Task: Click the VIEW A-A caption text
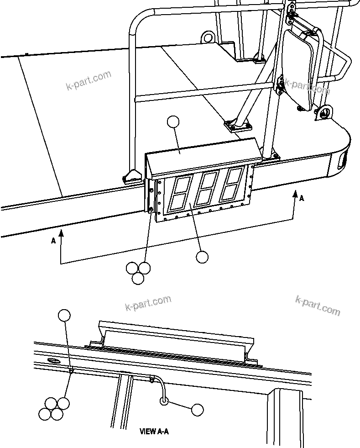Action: coord(154,431)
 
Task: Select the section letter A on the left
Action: coord(53,241)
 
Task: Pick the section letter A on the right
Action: coord(302,198)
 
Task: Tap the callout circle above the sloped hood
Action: coord(173,122)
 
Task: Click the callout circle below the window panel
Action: coord(202,257)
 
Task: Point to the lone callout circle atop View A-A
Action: coord(64,315)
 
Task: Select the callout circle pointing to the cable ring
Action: coord(197,410)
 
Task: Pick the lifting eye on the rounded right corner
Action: coord(324,111)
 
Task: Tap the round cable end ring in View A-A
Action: coord(164,401)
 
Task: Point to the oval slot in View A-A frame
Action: coord(53,361)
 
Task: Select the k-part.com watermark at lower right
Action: coord(318,306)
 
